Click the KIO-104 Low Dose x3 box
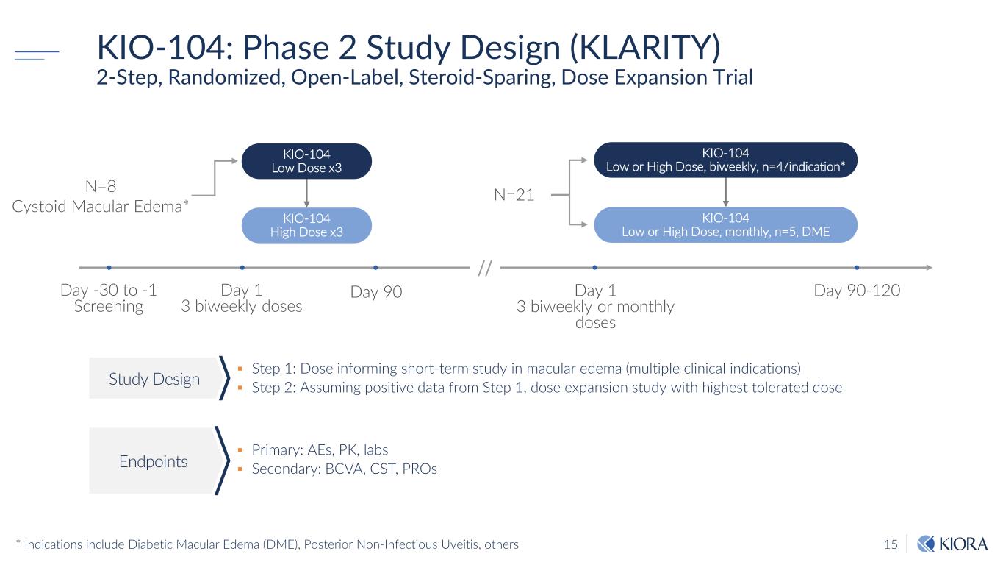(x=306, y=161)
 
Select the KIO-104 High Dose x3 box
(x=306, y=225)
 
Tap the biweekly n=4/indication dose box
(x=725, y=160)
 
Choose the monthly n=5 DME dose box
(x=725, y=224)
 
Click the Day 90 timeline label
(x=376, y=292)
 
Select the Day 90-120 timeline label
(x=857, y=291)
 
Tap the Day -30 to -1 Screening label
(x=108, y=298)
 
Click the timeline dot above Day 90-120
(x=858, y=267)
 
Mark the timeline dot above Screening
(x=109, y=267)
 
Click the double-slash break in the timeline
(x=484, y=268)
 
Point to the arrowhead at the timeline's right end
(x=930, y=267)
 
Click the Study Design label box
(x=154, y=379)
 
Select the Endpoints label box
(x=154, y=461)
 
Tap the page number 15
(x=891, y=544)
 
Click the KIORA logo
(x=952, y=544)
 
